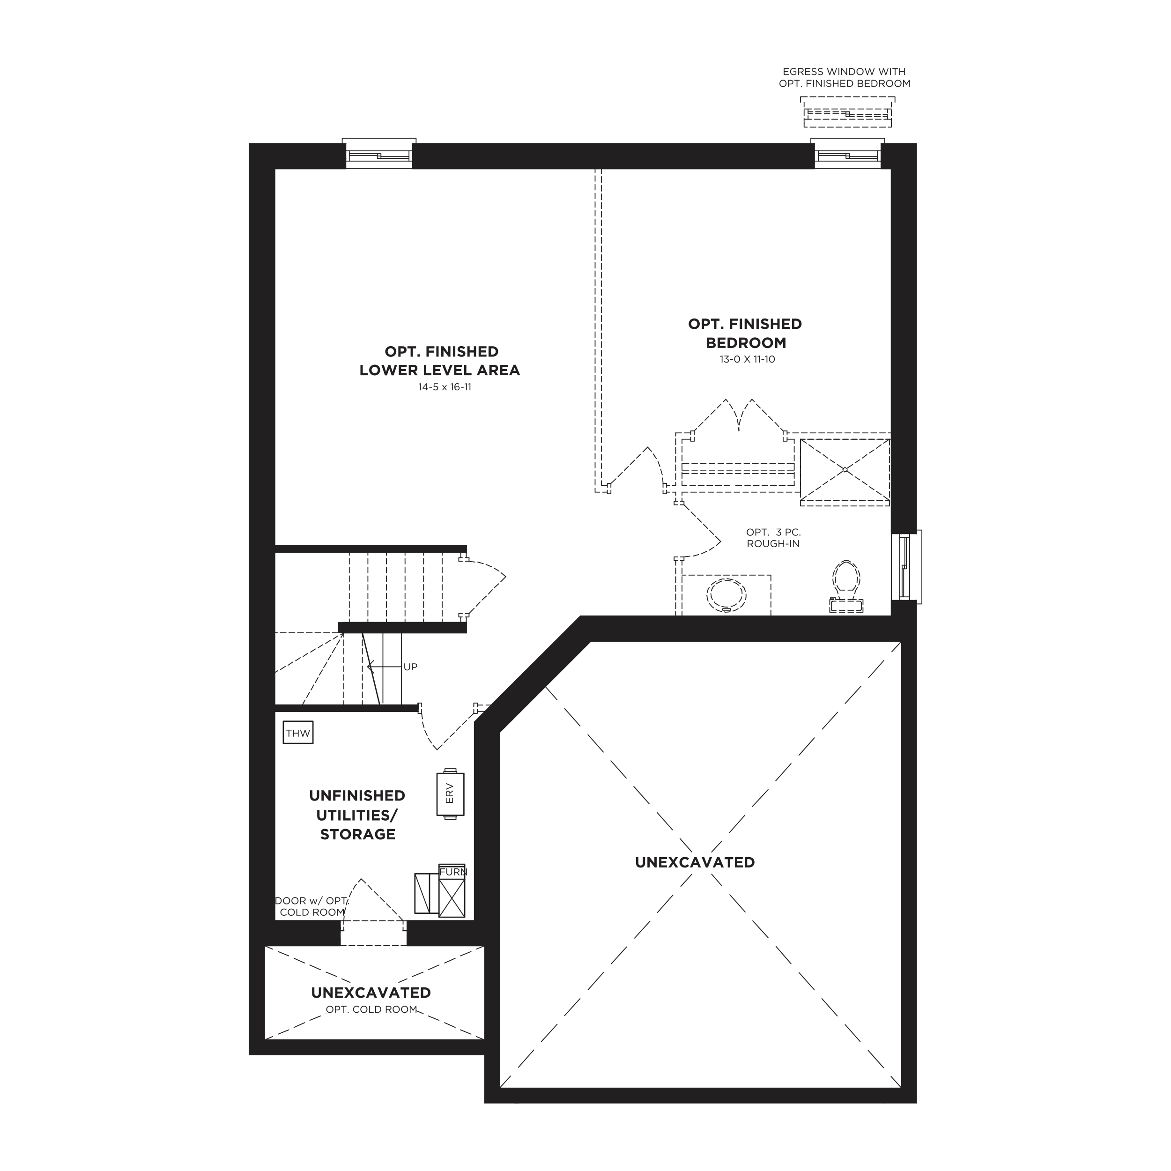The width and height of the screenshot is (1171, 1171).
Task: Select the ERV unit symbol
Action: pyautogui.click(x=450, y=794)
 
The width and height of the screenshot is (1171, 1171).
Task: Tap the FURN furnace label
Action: pyautogui.click(x=453, y=872)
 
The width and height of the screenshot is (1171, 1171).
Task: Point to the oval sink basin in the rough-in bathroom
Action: pyautogui.click(x=727, y=595)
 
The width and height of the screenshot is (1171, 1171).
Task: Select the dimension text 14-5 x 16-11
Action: pyautogui.click(x=444, y=387)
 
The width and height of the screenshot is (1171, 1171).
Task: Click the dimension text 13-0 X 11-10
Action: pyautogui.click(x=747, y=359)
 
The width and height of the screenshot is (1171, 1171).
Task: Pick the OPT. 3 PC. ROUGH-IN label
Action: pyautogui.click(x=773, y=538)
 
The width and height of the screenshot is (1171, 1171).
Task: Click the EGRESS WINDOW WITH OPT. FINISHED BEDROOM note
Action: pyautogui.click(x=845, y=78)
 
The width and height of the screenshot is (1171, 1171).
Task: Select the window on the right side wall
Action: pyautogui.click(x=906, y=567)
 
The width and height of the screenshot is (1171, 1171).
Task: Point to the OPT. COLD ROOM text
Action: pyautogui.click(x=371, y=1010)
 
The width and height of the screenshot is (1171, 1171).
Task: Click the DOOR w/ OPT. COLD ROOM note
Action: pyautogui.click(x=311, y=906)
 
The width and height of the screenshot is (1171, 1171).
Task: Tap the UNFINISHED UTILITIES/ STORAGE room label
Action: pyautogui.click(x=357, y=815)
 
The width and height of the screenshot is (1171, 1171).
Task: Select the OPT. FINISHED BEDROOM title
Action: pyautogui.click(x=745, y=334)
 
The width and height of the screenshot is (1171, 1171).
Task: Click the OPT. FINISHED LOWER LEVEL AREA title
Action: pyautogui.click(x=439, y=361)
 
